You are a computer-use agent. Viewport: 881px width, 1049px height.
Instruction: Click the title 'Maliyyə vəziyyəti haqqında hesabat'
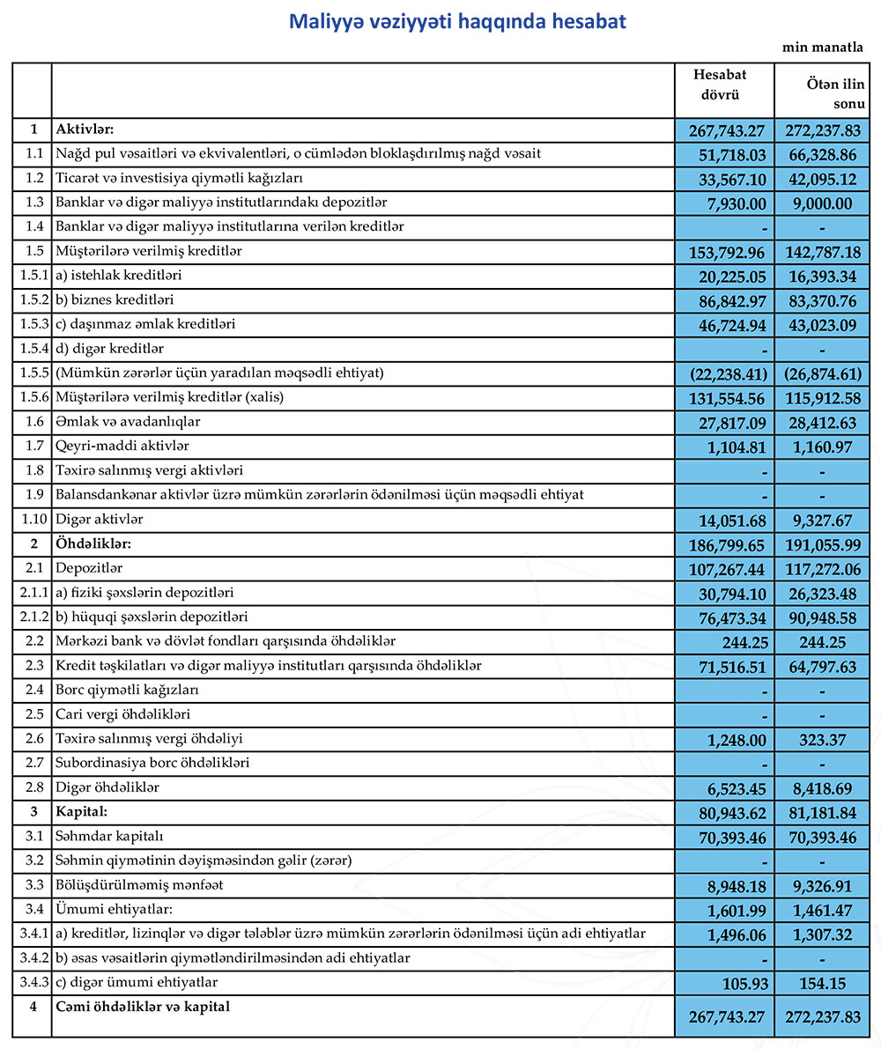coord(457,22)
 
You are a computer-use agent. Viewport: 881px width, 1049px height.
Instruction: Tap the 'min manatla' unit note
coord(823,48)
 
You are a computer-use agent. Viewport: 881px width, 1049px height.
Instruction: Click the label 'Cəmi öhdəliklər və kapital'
coord(143,1006)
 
